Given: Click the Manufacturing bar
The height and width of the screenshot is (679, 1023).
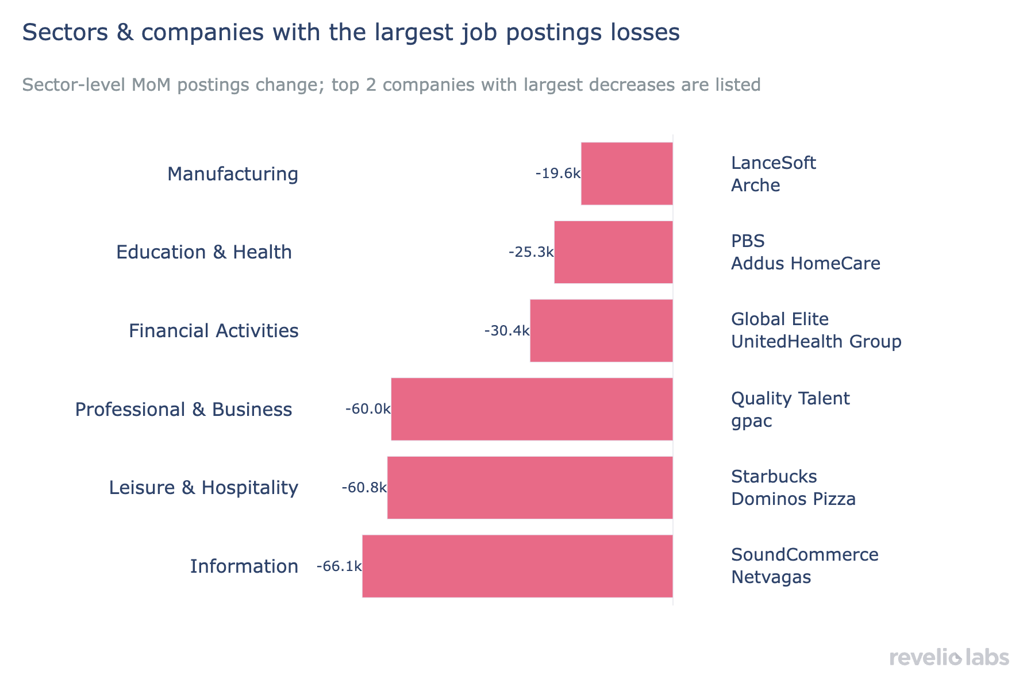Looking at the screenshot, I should (x=626, y=173).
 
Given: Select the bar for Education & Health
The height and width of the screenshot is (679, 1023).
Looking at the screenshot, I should (x=613, y=252).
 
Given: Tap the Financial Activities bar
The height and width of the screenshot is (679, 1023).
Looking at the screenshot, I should (x=601, y=331).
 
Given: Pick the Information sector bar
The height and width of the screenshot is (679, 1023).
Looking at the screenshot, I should (x=517, y=566).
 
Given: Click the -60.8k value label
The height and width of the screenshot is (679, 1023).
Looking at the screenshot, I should (x=364, y=488).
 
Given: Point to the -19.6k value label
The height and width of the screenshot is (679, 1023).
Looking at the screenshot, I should (x=557, y=173).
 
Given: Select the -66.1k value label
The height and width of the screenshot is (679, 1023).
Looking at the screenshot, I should (x=339, y=566).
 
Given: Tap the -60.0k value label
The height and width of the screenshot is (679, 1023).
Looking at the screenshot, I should (x=368, y=409).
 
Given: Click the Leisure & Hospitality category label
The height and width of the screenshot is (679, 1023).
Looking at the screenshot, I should (x=203, y=488).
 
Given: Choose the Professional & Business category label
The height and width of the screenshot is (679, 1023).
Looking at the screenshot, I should (x=183, y=410).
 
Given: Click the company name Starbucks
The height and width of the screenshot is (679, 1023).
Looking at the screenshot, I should (x=774, y=477).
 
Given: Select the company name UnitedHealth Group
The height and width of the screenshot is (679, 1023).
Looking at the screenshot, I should (x=816, y=342).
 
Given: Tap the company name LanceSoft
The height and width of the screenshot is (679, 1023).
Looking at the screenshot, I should (x=773, y=163).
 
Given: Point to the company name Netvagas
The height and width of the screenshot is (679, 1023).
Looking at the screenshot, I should (x=771, y=577).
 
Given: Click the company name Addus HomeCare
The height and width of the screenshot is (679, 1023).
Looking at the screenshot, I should (x=805, y=264).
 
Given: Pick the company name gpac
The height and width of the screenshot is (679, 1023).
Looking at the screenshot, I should (x=751, y=421).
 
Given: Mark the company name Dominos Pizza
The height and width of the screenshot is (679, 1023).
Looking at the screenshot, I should (x=793, y=499).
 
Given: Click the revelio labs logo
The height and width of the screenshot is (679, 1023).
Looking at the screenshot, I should (x=949, y=657).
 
